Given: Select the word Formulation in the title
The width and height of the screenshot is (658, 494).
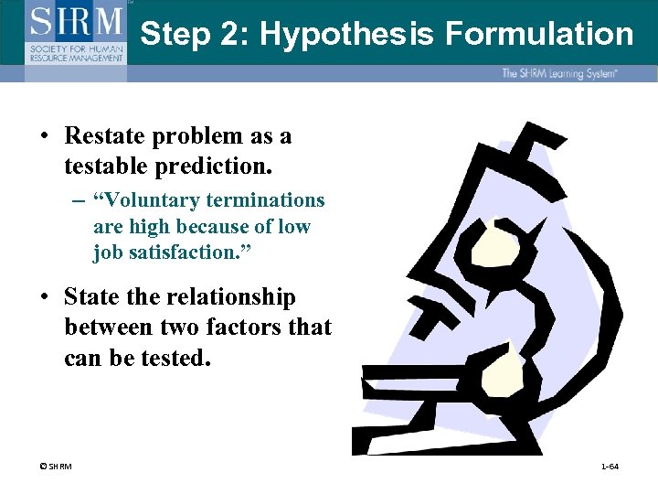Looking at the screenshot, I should (539, 35).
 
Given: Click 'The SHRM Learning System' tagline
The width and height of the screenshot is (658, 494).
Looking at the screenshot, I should (558, 73).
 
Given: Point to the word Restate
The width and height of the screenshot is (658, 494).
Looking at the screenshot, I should (102, 136).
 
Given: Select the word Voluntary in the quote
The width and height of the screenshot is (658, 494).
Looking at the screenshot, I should (148, 200).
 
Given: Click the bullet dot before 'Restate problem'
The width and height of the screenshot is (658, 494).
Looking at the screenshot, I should (44, 137).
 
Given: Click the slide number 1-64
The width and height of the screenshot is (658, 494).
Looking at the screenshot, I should (610, 467).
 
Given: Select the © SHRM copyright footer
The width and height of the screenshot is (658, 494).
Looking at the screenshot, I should (55, 467).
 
